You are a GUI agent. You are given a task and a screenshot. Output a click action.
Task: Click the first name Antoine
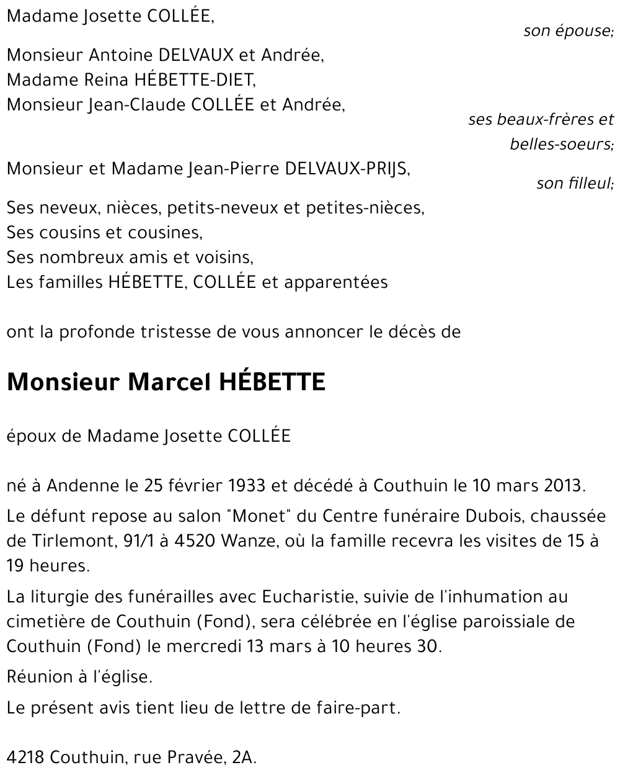pos(115,56)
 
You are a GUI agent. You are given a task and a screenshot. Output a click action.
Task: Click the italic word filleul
pos(589,184)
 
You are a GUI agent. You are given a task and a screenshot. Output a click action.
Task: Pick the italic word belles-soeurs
pos(561,145)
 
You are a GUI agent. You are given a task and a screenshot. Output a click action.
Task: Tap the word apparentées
pos(335,283)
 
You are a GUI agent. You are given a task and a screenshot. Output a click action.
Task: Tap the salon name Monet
pos(267,517)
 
